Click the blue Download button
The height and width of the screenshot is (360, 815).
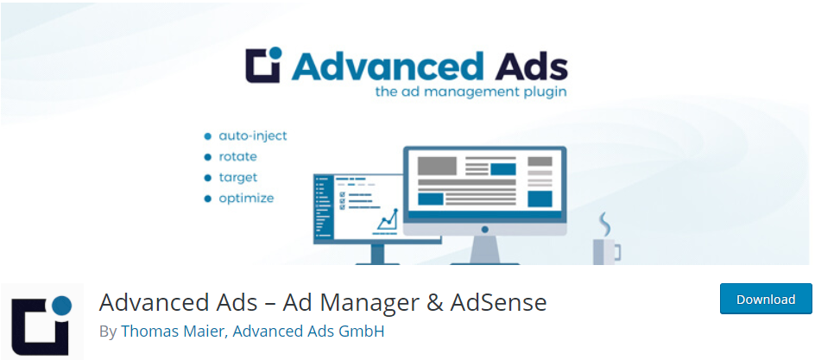coord(766,299)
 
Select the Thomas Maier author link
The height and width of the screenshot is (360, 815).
coord(173,332)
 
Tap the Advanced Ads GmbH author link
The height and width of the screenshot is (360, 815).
coord(308,332)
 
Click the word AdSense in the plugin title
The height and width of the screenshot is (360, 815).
coord(498,302)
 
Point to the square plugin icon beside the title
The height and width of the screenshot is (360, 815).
coord(41,322)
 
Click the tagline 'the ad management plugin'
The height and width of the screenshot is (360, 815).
coord(471,92)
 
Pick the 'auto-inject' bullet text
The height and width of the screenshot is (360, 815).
coord(253,136)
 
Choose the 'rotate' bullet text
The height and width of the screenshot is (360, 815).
coord(237,156)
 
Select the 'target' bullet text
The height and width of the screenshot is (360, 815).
coord(238,178)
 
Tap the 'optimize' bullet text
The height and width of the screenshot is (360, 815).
coord(246,199)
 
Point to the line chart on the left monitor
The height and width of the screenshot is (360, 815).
coord(388,220)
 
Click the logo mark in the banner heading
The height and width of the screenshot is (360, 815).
coord(263,65)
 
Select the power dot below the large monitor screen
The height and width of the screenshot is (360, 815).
coord(485,229)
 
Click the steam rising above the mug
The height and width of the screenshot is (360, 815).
coord(604,223)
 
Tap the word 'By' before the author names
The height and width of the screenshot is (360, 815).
coord(108,332)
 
